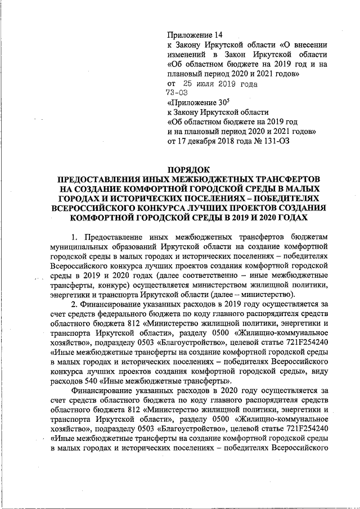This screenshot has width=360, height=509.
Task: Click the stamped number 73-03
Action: tap(177, 93)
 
